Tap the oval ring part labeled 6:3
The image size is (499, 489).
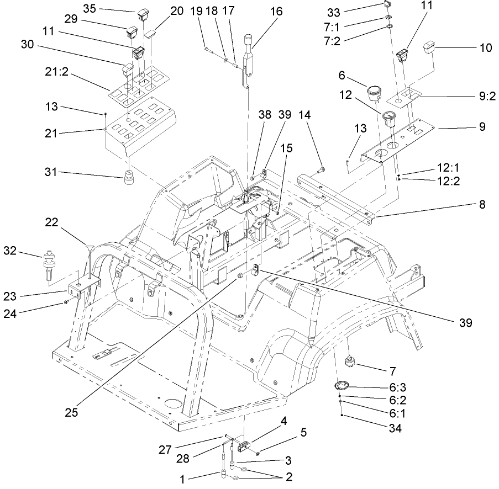pyautogui.click(x=343, y=386)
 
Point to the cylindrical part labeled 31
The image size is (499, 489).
pyautogui.click(x=130, y=179)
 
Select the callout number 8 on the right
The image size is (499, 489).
pyautogui.click(x=482, y=204)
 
